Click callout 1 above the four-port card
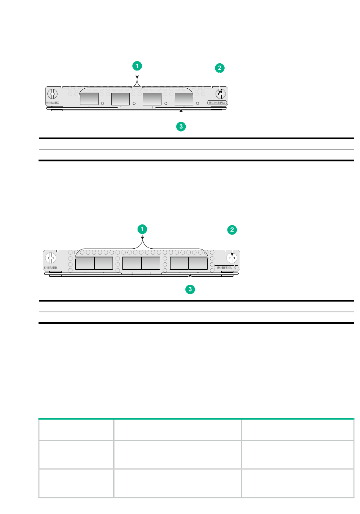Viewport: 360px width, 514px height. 137,66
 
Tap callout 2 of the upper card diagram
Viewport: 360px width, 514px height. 219,68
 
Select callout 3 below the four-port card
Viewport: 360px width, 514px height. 181,126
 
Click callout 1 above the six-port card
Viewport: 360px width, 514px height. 142,229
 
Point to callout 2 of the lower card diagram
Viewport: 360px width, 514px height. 232,230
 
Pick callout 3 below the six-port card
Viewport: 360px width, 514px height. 190,289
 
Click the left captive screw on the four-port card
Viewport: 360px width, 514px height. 52,94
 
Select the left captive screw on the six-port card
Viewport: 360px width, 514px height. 51,258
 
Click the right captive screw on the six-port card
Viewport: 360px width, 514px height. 232,258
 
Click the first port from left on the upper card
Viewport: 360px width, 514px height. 89,99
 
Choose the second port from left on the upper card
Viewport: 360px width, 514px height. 121,99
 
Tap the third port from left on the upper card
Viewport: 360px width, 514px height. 152,99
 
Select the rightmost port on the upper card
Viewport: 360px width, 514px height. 184,99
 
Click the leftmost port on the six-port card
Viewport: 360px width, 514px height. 85,263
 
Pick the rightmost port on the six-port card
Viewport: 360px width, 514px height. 198,263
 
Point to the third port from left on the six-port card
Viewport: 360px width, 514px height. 132,263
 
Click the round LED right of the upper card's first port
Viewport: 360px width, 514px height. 103,103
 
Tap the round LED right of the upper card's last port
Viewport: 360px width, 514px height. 197,103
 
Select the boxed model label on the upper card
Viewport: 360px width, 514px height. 218,102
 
